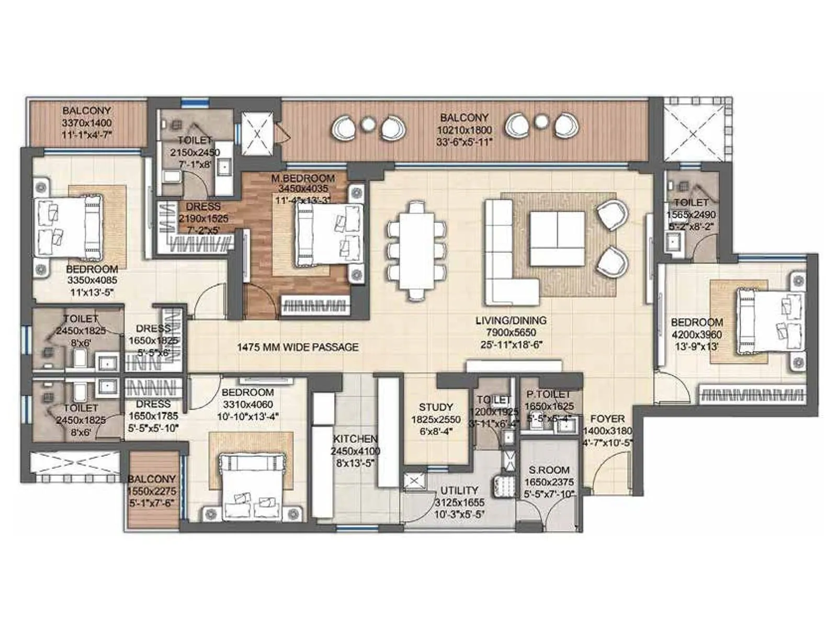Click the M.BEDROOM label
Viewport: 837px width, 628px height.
coord(302,178)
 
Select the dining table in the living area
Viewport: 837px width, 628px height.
coord(416,252)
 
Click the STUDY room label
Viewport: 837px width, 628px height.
coord(435,407)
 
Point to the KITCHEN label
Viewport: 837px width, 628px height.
coord(355,439)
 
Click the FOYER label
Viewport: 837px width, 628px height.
coord(607,419)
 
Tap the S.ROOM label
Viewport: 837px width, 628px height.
coord(549,470)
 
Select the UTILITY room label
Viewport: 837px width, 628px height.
coord(459,490)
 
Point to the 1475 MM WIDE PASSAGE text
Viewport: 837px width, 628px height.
coord(298,347)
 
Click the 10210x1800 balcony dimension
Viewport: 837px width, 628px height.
coord(464,130)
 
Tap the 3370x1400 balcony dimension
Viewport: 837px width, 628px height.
coord(86,123)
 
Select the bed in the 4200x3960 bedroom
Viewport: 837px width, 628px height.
coord(768,322)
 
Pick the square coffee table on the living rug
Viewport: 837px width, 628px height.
coord(557,238)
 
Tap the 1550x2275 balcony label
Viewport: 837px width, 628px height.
coord(152,479)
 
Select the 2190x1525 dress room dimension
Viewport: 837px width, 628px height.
coord(203,219)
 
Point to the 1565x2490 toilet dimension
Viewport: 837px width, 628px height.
coord(691,215)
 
